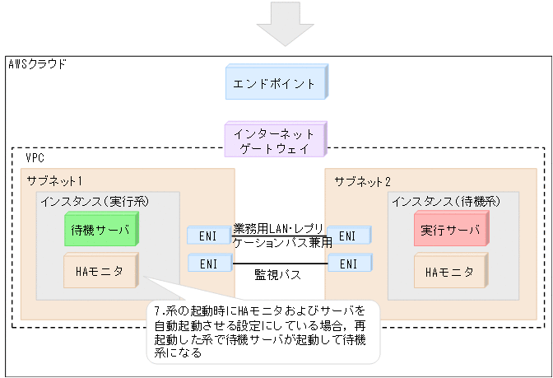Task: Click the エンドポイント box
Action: [276, 83]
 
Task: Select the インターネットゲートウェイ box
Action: [276, 139]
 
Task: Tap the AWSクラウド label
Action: [37, 63]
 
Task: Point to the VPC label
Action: [35, 156]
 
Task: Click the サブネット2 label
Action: [363, 180]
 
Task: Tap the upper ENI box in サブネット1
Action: [207, 236]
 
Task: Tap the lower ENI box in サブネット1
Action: [207, 264]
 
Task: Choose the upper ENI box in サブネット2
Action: [348, 236]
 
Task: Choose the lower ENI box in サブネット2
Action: [348, 264]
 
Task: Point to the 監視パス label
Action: [277, 274]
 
